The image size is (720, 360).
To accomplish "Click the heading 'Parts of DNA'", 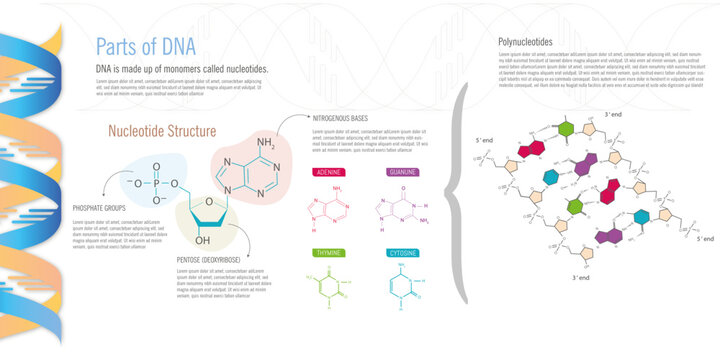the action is point(145,47).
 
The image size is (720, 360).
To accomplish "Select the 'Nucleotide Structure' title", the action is point(163,131).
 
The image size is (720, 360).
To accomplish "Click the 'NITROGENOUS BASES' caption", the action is point(340,118).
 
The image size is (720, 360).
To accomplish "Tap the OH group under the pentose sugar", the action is point(203,241).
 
